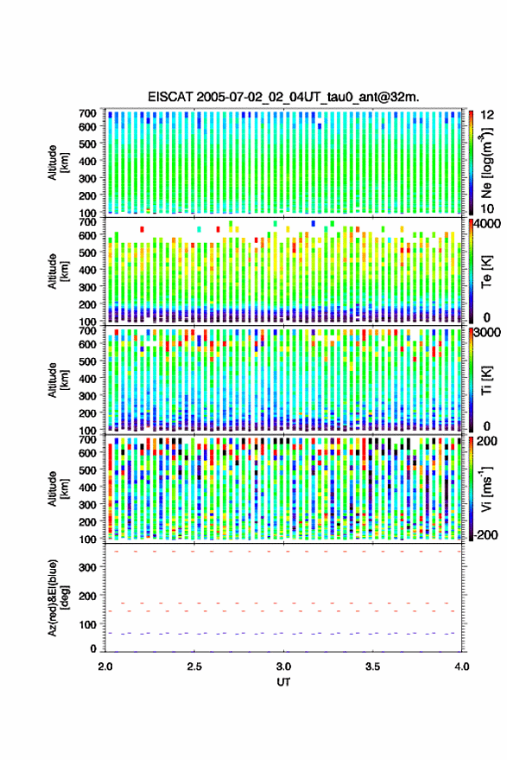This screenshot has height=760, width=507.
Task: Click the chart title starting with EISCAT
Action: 283,97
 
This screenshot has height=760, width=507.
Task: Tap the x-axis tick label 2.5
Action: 194,667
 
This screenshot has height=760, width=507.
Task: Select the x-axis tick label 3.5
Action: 372,667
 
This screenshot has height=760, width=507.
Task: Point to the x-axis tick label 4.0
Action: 462,667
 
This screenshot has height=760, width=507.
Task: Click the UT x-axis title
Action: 283,682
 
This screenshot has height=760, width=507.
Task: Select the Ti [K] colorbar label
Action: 486,380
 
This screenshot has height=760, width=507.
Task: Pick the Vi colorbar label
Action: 486,489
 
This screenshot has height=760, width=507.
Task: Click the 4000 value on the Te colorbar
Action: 490,224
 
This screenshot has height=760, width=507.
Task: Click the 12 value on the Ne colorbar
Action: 488,115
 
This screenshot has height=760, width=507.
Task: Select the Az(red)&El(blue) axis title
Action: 59,598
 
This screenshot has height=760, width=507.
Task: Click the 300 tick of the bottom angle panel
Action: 87,567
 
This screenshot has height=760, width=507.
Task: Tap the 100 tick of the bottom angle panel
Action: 87,624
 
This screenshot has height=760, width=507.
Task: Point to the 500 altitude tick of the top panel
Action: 87,144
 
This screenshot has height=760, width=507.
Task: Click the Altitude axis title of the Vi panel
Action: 59,489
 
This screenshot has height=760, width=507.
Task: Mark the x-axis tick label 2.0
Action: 105,667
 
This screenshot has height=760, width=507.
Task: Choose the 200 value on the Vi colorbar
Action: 486,441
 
